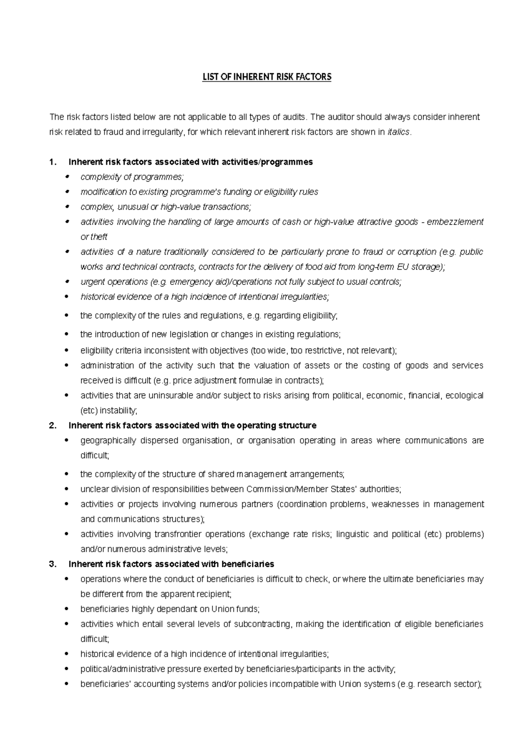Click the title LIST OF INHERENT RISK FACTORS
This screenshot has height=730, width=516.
coord(267,77)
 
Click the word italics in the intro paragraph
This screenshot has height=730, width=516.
coord(399,132)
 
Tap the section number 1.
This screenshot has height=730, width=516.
coord(53,162)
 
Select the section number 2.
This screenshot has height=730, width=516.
coord(53,426)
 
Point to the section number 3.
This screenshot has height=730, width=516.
coord(53,564)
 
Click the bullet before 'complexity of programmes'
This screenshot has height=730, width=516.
coord(66,177)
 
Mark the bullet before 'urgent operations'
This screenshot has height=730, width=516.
coord(66,282)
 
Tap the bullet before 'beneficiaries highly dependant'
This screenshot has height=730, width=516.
coord(66,609)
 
